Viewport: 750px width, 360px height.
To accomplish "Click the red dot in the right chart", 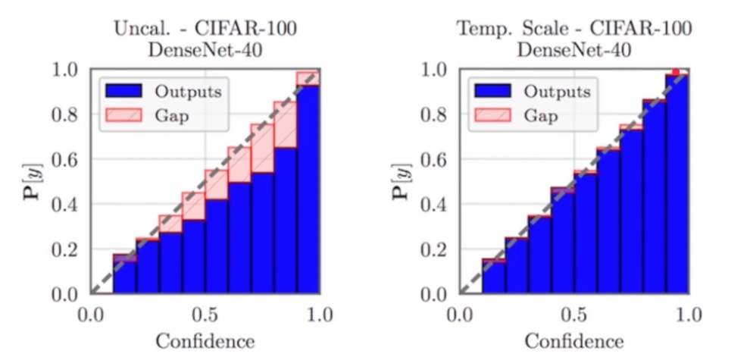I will tap(676, 72).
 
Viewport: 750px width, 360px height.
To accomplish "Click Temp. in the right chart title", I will tap(478, 30).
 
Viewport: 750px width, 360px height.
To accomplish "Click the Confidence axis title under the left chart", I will tap(205, 340).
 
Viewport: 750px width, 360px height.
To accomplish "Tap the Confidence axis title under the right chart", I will tap(574, 340).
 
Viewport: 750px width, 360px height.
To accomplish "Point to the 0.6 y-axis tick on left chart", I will tap(65, 160).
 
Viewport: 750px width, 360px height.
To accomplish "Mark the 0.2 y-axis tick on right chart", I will tap(435, 249).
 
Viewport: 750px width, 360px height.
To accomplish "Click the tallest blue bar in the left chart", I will tap(308, 189).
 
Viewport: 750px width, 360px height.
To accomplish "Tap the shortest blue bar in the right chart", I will tap(493, 277).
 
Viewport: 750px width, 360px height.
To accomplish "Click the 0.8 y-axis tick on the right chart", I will tap(435, 115).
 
